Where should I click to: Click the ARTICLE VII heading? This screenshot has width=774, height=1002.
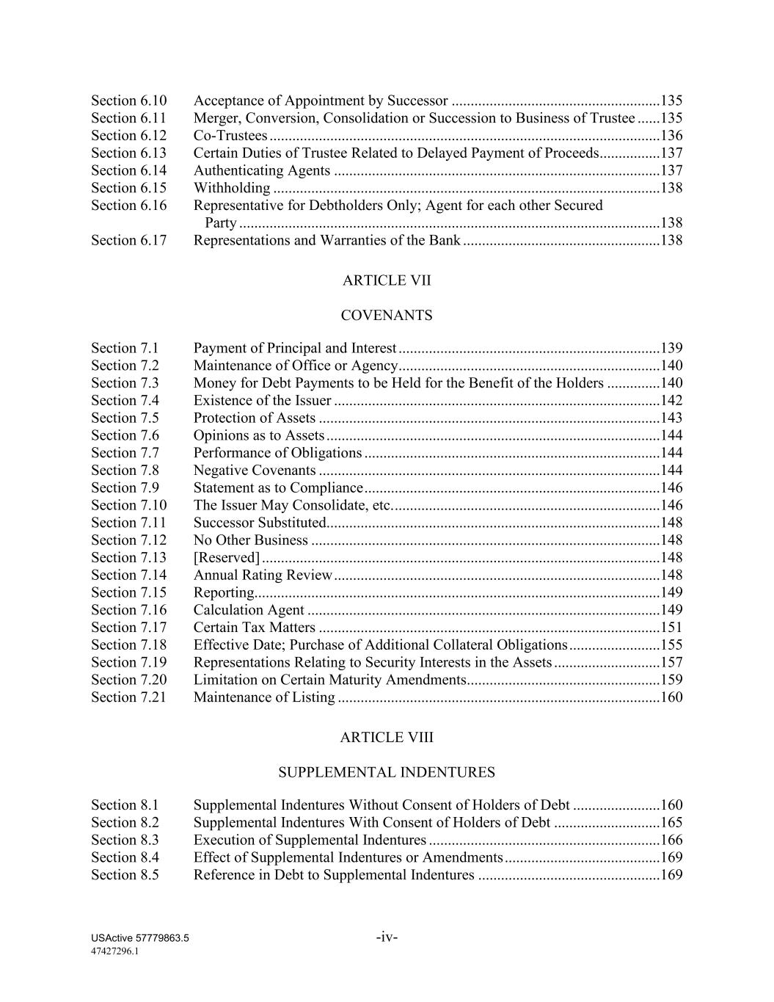[x=387, y=280]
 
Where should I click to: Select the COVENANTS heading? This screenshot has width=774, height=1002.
[x=387, y=316]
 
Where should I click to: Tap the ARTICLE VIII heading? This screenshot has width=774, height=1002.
[x=387, y=738]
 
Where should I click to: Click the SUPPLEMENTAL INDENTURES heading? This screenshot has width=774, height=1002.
[x=387, y=773]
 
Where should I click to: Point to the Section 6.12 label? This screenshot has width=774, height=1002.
[x=129, y=136]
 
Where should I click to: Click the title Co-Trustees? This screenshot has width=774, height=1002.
[x=230, y=136]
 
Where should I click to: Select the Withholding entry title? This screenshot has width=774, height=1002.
[x=232, y=188]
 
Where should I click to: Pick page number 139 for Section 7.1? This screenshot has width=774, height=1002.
[x=671, y=348]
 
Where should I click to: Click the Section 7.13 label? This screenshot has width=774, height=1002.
[x=129, y=558]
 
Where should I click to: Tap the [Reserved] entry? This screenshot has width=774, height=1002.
[x=227, y=558]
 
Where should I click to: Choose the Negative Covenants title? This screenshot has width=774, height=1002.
[x=255, y=471]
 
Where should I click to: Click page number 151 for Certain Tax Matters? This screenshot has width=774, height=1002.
[x=671, y=628]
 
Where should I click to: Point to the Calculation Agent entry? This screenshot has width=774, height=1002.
[x=249, y=610]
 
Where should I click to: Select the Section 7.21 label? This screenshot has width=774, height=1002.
[x=129, y=697]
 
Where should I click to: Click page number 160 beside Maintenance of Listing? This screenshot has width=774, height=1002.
[x=671, y=697]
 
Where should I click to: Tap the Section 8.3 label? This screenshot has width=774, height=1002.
[x=125, y=841]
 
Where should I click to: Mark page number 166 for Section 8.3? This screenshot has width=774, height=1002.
[x=671, y=841]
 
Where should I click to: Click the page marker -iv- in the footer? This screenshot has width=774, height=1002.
[x=387, y=937]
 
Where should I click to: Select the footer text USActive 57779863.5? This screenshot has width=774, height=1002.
[x=140, y=938]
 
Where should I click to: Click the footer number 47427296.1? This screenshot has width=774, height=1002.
[x=115, y=951]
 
